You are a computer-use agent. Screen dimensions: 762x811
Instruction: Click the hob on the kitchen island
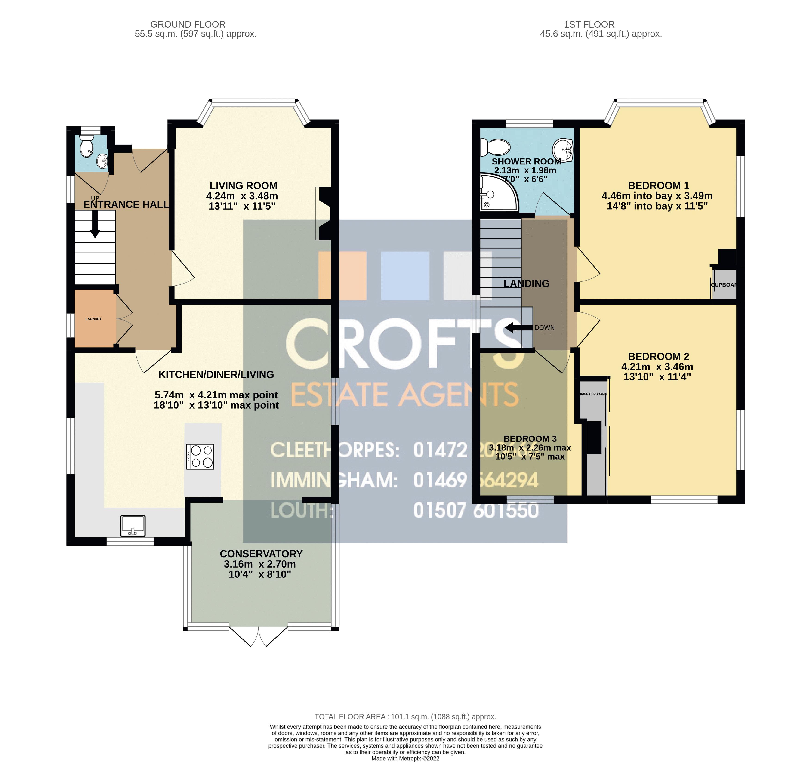[x=200, y=456]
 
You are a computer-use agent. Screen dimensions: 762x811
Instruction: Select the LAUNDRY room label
[x=93, y=319]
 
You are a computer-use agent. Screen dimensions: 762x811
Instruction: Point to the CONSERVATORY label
[x=261, y=554]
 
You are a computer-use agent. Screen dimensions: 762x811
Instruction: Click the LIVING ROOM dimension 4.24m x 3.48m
[x=242, y=196]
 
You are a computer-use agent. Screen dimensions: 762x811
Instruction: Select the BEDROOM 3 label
[x=530, y=438]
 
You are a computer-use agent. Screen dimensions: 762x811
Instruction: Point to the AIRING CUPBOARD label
[x=593, y=394]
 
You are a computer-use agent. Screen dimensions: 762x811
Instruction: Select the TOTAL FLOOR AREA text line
[x=405, y=717]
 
